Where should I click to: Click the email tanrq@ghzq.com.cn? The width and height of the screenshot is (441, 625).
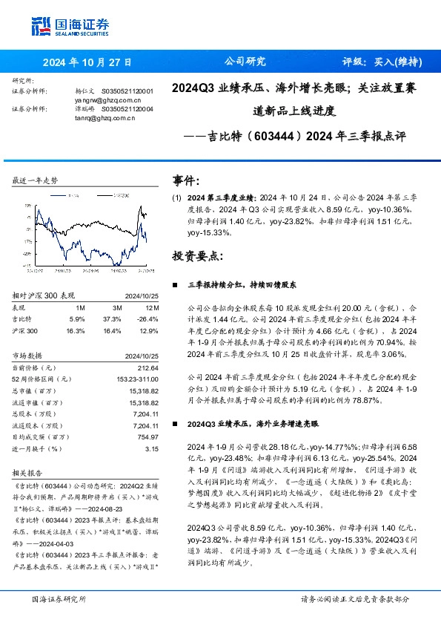(x=105, y=117)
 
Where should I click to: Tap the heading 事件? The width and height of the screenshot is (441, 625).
(x=185, y=180)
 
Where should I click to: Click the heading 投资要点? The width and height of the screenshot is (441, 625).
(x=196, y=255)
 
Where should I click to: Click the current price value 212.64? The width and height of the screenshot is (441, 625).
(x=150, y=369)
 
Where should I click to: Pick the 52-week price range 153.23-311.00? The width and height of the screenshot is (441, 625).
(x=139, y=379)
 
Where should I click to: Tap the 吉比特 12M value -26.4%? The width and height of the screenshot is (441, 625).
(x=148, y=318)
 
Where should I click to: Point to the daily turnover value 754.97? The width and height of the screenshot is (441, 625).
(x=148, y=438)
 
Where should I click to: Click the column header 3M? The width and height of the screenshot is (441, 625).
(x=117, y=307)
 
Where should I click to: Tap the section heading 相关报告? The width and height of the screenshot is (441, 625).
(x=30, y=472)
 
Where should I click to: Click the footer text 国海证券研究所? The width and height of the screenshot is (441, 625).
(x=58, y=599)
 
